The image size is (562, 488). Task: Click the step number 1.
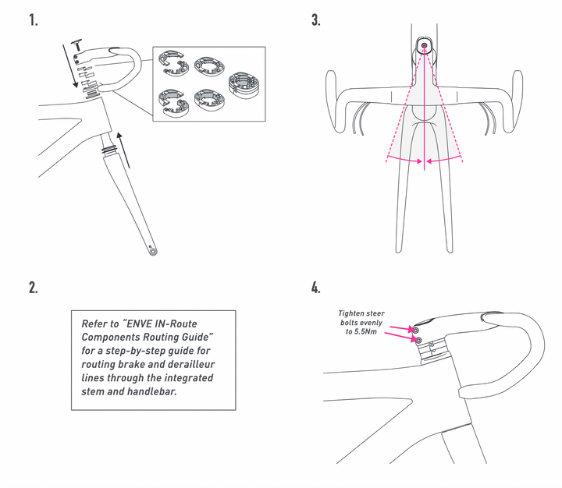point(34,20)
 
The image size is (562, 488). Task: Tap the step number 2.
point(34,287)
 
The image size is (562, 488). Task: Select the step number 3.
point(315,20)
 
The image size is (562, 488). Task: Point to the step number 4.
point(315,287)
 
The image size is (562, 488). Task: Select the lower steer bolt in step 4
point(418,341)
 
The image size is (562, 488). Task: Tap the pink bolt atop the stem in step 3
point(424,45)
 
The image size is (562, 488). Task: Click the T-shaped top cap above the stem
point(77,41)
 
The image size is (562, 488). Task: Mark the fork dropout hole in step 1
point(151,251)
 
